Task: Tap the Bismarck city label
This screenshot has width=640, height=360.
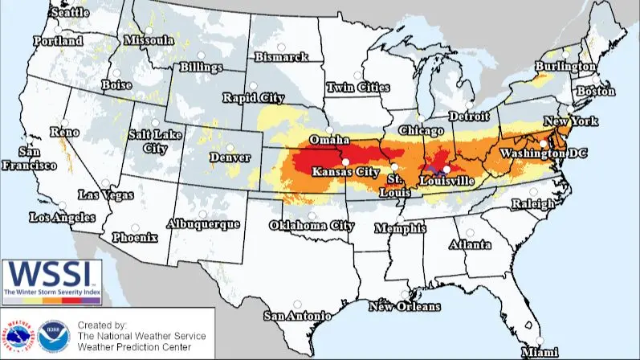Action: [x=281, y=57]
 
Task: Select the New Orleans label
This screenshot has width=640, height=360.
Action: [x=404, y=306]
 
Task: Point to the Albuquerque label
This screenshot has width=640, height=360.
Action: [x=202, y=224]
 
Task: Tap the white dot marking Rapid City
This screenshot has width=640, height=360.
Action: [x=252, y=86]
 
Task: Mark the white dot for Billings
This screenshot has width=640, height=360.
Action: [x=204, y=55]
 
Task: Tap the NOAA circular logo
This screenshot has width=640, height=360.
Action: [x=48, y=337]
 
